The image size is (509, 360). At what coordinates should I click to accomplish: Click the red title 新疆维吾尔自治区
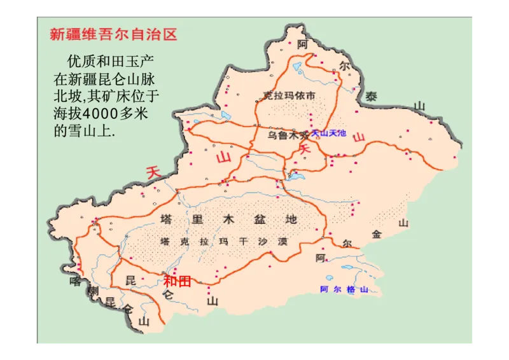click(113, 34)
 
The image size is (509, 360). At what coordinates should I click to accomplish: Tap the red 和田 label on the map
click(177, 281)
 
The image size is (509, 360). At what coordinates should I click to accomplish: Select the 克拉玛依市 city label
click(289, 96)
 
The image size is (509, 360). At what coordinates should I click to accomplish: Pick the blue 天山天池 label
click(328, 134)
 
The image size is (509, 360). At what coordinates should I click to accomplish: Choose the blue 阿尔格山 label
click(344, 289)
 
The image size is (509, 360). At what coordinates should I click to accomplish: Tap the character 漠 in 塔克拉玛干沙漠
click(282, 242)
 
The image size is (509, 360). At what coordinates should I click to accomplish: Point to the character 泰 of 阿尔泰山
click(371, 97)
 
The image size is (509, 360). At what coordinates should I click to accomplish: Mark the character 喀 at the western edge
click(75, 280)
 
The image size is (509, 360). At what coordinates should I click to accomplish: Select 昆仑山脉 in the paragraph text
click(130, 80)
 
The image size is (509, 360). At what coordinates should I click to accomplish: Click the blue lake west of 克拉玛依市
click(227, 116)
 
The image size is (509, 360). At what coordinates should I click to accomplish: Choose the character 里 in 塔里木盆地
click(197, 219)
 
